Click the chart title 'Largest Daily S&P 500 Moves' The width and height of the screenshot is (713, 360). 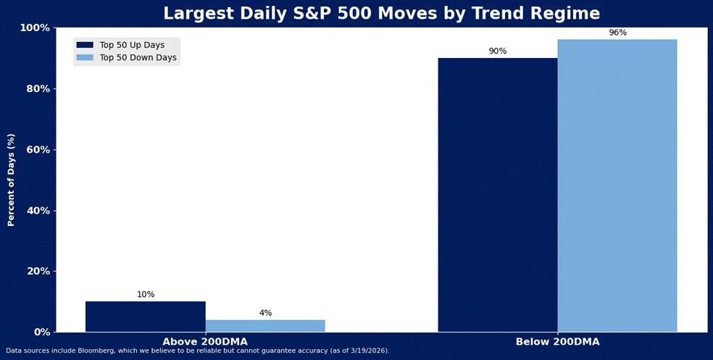(381, 14)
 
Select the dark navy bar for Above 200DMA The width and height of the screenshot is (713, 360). (146, 317)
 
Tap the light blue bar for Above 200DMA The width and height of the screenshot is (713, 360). (265, 326)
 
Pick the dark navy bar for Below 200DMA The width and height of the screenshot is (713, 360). (498, 195)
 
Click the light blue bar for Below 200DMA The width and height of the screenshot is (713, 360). (617, 185)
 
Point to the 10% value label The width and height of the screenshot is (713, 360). (146, 295)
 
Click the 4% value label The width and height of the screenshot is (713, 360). (265, 313)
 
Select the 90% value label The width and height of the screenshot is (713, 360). (498, 51)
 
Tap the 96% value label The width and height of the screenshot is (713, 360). (618, 33)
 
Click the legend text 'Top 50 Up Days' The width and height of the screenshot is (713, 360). (132, 45)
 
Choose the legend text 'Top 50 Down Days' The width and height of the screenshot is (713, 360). (138, 58)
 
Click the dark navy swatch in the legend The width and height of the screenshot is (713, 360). (85, 45)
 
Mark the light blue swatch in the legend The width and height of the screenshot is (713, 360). (85, 58)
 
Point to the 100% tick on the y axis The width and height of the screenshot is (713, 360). (35, 28)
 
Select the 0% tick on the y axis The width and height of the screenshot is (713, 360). (41, 332)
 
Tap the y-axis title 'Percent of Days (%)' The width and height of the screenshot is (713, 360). (12, 180)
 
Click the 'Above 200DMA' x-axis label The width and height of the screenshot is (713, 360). (205, 342)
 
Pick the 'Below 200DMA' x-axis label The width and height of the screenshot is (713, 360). (557, 342)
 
